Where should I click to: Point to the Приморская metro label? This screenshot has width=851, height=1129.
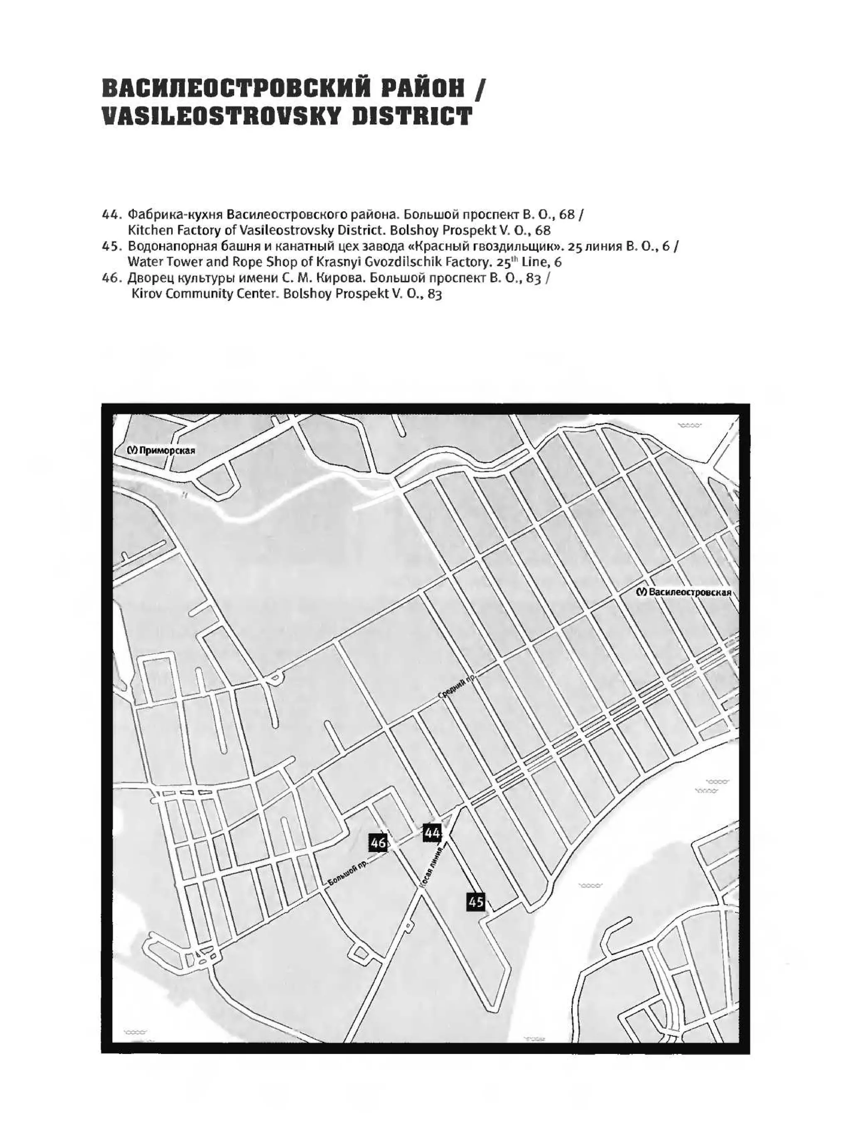point(161,451)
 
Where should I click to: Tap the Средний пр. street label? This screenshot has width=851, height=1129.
point(457,687)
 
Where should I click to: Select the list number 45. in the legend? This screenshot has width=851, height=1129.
point(112,246)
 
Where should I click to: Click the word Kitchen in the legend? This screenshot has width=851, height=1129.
point(145,230)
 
